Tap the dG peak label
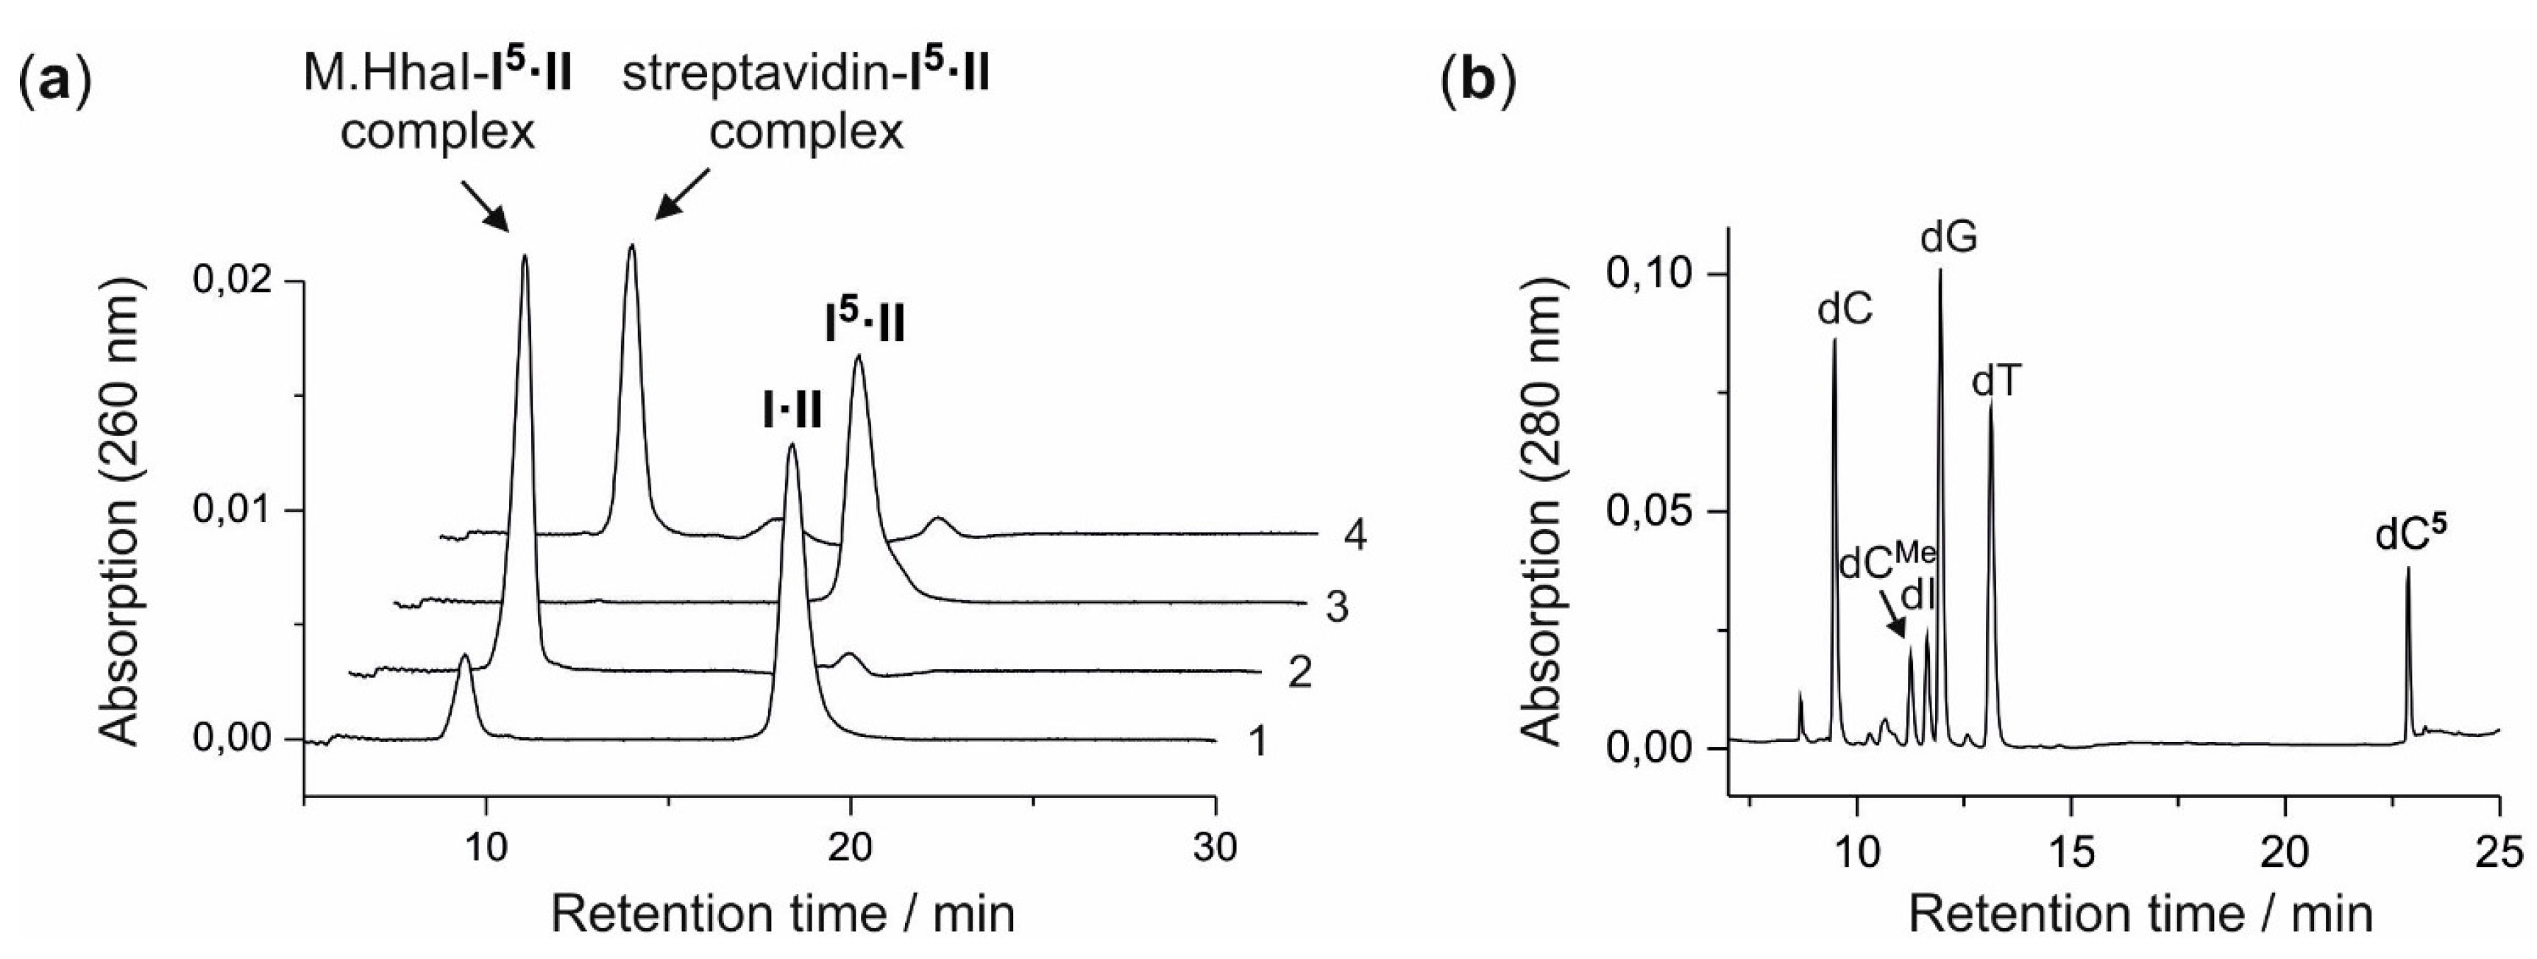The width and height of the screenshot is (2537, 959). point(1949,238)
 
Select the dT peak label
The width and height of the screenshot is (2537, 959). point(1996,380)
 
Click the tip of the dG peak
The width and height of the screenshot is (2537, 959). point(1940,271)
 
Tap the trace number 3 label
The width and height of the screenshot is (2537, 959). point(1335,607)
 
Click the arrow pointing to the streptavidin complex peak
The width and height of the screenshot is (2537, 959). point(683,193)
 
